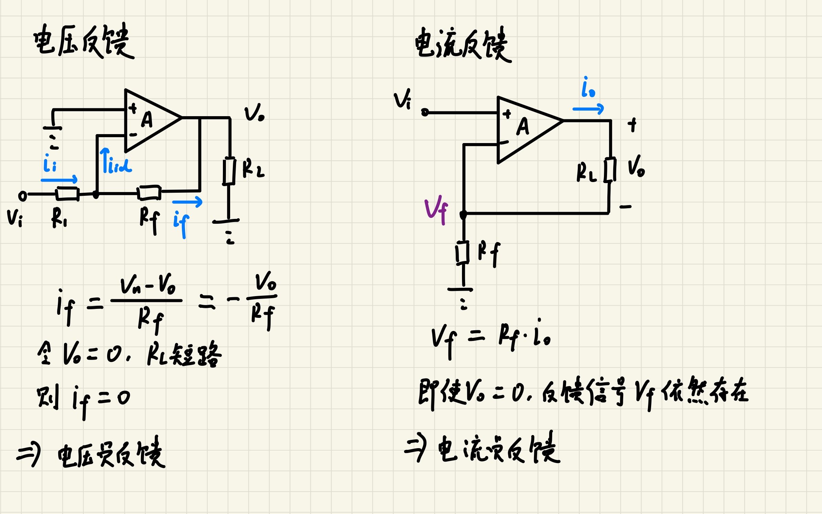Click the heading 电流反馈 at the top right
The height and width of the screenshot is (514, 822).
(462, 45)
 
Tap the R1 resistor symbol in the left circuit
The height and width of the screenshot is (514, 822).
(68, 194)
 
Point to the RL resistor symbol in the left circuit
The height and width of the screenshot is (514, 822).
(229, 171)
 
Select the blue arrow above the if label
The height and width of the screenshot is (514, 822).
(187, 202)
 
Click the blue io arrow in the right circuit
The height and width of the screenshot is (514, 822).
(588, 109)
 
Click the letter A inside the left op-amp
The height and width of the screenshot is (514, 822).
(147, 120)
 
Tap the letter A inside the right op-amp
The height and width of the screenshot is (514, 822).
(523, 126)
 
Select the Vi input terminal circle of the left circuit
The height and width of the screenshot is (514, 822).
(22, 196)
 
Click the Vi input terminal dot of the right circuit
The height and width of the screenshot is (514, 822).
(425, 112)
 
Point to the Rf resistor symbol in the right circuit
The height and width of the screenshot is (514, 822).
(463, 253)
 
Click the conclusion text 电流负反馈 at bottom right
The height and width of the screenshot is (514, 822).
(498, 449)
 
